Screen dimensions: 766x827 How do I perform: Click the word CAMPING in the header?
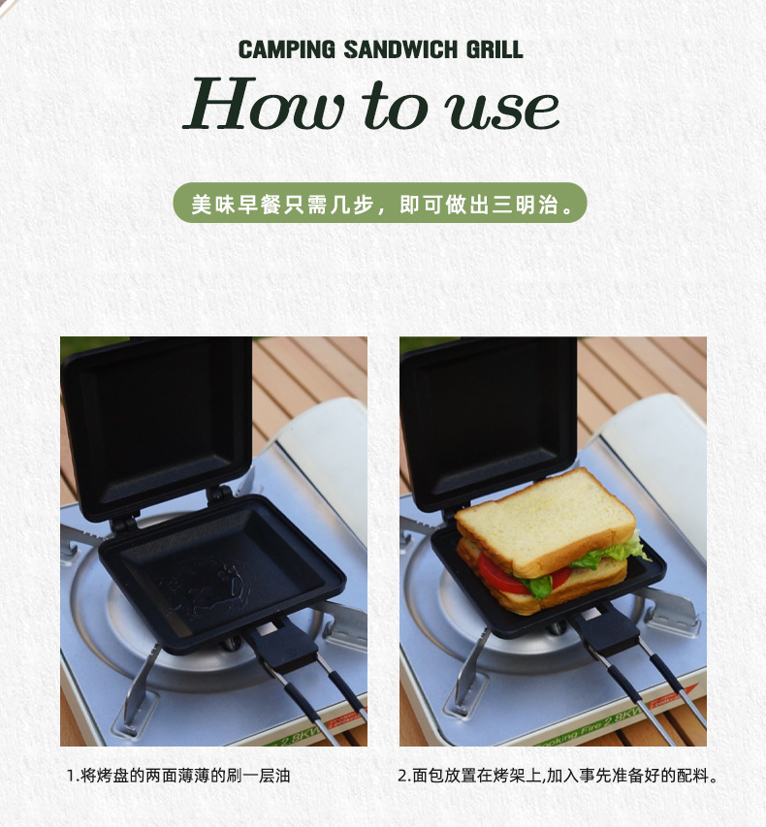point(286,49)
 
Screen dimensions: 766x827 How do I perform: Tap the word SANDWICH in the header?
point(400,49)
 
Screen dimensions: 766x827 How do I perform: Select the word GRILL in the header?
point(495,49)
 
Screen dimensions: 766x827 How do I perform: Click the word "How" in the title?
point(265,104)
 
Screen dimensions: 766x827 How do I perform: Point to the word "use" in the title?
point(501,111)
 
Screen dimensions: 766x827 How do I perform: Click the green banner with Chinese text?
point(380,203)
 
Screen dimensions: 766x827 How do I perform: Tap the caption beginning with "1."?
point(178,776)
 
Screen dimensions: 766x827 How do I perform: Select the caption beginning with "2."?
point(558,776)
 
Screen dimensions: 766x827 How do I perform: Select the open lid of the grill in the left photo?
point(156,428)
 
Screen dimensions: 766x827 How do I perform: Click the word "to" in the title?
point(394,106)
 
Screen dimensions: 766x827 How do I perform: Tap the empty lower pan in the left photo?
point(222,575)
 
